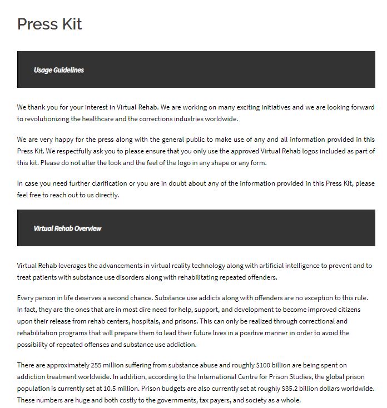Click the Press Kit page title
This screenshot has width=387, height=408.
[x=49, y=24]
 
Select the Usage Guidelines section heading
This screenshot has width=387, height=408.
[x=58, y=70]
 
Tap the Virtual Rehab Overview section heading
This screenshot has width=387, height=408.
[x=67, y=228]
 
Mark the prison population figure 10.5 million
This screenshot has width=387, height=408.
[x=101, y=388]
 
